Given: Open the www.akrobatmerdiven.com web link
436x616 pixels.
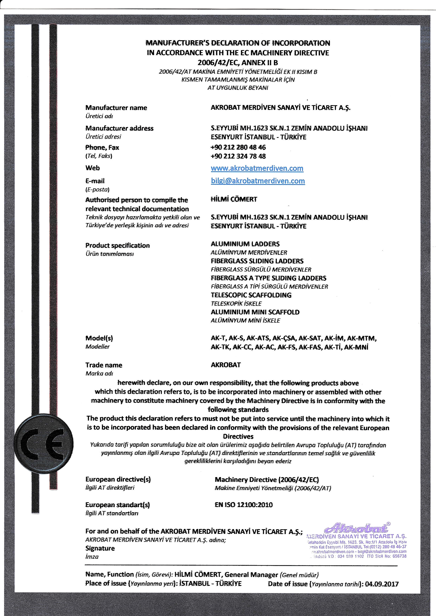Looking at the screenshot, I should tap(257, 168).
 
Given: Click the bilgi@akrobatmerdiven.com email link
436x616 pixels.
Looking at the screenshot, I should tap(258, 181).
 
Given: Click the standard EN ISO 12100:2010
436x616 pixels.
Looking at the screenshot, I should tap(243, 505).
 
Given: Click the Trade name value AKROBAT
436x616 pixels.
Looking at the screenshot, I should tap(226, 365).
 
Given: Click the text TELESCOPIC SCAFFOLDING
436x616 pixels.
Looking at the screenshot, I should tap(251, 295).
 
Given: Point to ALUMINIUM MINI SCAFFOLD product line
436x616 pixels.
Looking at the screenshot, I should tap(255, 312).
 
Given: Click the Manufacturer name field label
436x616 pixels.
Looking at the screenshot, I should tap(116, 108).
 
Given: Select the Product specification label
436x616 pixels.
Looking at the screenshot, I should tap(117, 245).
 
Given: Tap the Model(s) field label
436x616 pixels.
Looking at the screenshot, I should tap(99, 338).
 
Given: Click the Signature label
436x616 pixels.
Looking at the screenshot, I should tap(100, 548).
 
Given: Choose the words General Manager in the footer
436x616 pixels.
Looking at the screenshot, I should tap(251, 575).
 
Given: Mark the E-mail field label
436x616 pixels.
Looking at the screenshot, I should tap(95, 181).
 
